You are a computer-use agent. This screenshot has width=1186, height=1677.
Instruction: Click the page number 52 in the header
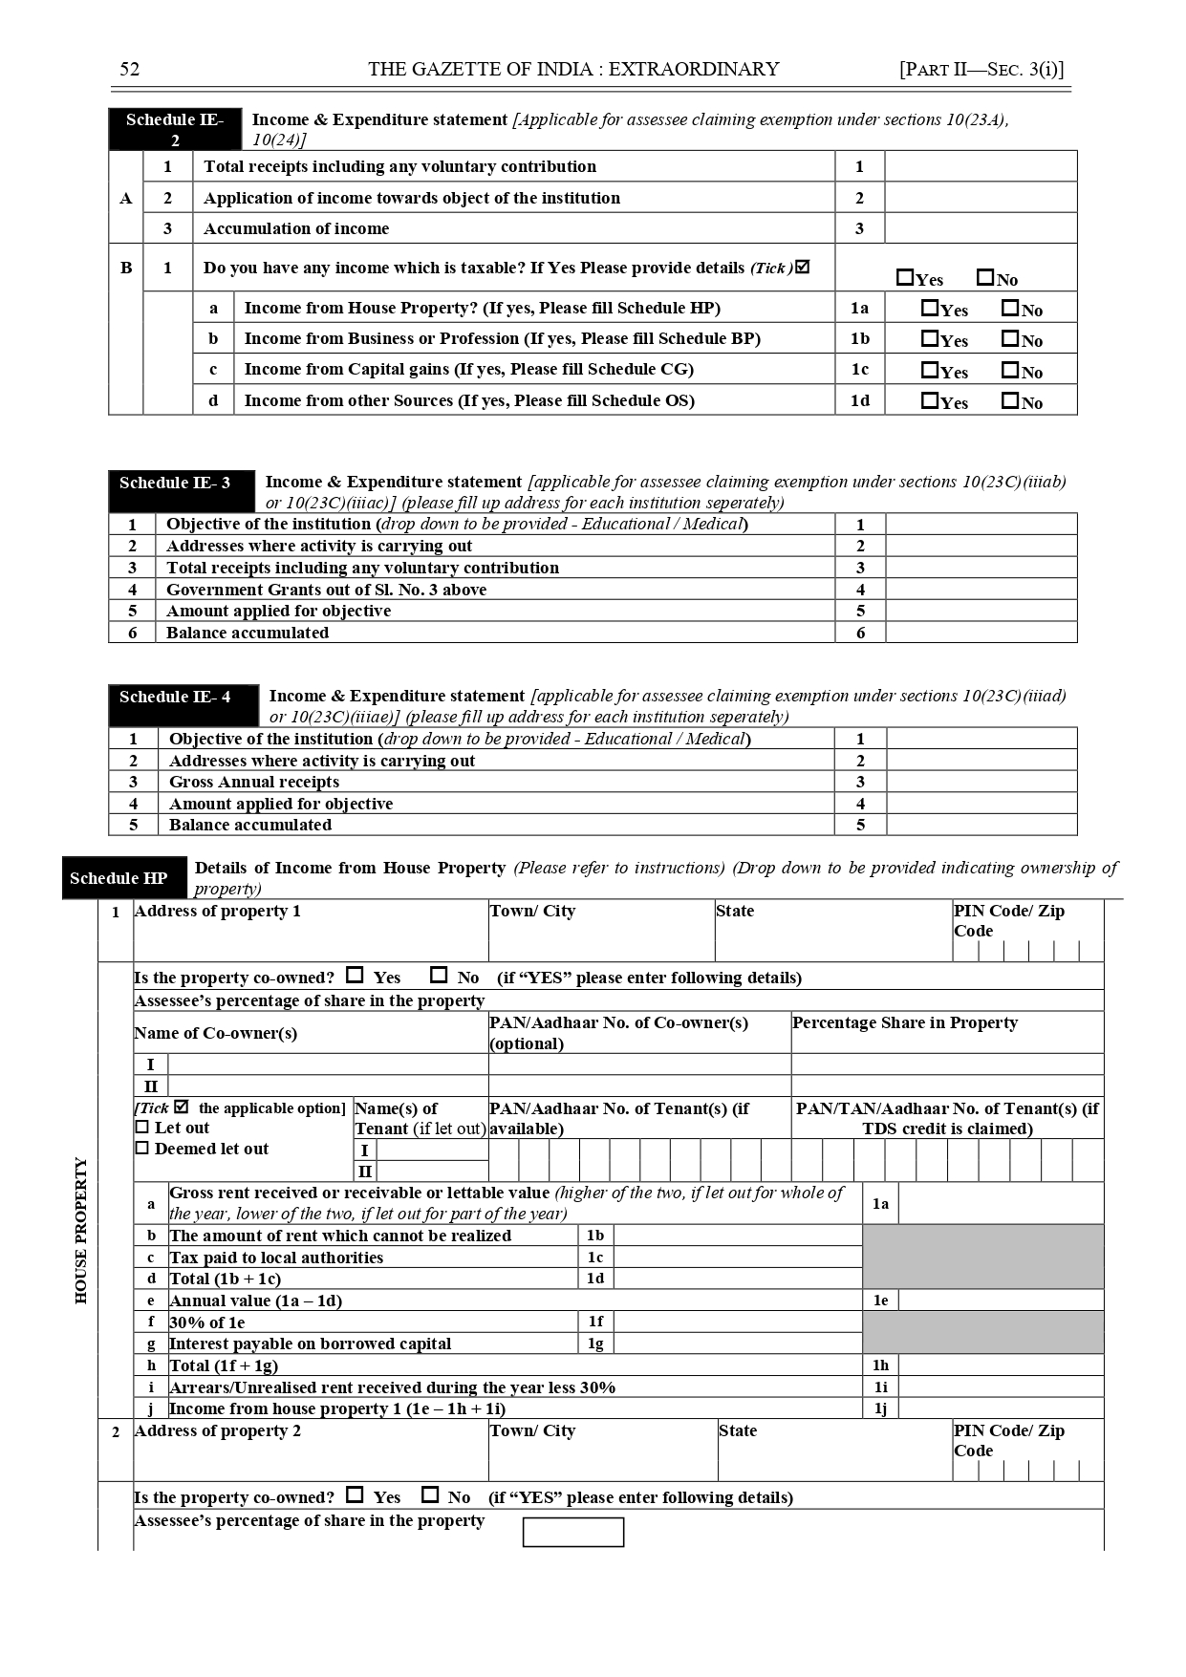pyautogui.click(x=129, y=69)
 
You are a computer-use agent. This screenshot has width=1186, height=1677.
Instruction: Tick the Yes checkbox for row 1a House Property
pyautogui.click(x=929, y=308)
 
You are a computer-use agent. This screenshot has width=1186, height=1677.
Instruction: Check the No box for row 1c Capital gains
pyautogui.click(x=1009, y=370)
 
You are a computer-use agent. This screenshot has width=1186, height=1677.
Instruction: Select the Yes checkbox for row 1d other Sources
pyautogui.click(x=929, y=400)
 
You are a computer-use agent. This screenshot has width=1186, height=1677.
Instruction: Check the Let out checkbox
pyautogui.click(x=142, y=1128)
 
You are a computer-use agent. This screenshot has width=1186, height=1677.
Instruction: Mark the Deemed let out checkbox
pyautogui.click(x=142, y=1149)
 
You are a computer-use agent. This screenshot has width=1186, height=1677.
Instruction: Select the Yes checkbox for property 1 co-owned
pyautogui.click(x=355, y=976)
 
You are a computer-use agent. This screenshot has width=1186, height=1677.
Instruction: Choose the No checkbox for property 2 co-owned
pyautogui.click(x=431, y=1494)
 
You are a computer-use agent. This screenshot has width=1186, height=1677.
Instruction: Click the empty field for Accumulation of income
pyautogui.click(x=981, y=228)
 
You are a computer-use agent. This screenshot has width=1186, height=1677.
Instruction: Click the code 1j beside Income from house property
pyautogui.click(x=880, y=1408)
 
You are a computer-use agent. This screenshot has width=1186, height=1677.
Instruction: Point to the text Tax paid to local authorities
pyautogui.click(x=276, y=1258)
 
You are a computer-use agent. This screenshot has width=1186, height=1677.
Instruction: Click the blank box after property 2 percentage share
pyautogui.click(x=573, y=1532)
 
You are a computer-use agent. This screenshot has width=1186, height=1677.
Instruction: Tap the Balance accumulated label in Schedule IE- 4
pyautogui.click(x=250, y=825)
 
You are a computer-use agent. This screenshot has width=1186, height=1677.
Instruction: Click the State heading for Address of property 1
pyautogui.click(x=735, y=911)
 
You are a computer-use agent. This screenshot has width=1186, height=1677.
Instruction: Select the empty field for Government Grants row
pyautogui.click(x=981, y=590)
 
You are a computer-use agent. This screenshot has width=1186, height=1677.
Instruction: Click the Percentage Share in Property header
pyautogui.click(x=904, y=1022)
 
